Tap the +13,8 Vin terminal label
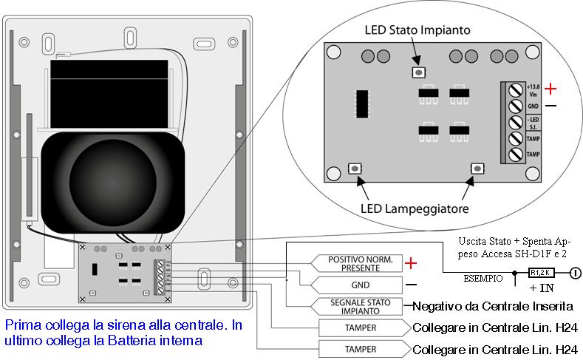(x=534, y=90)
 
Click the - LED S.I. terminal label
(x=533, y=122)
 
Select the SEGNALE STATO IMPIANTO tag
(x=355, y=306)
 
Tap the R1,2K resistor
(x=542, y=273)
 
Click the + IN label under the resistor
(x=542, y=287)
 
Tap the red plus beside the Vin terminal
(x=550, y=89)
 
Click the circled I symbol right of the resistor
(x=574, y=273)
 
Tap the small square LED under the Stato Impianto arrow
(x=418, y=72)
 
